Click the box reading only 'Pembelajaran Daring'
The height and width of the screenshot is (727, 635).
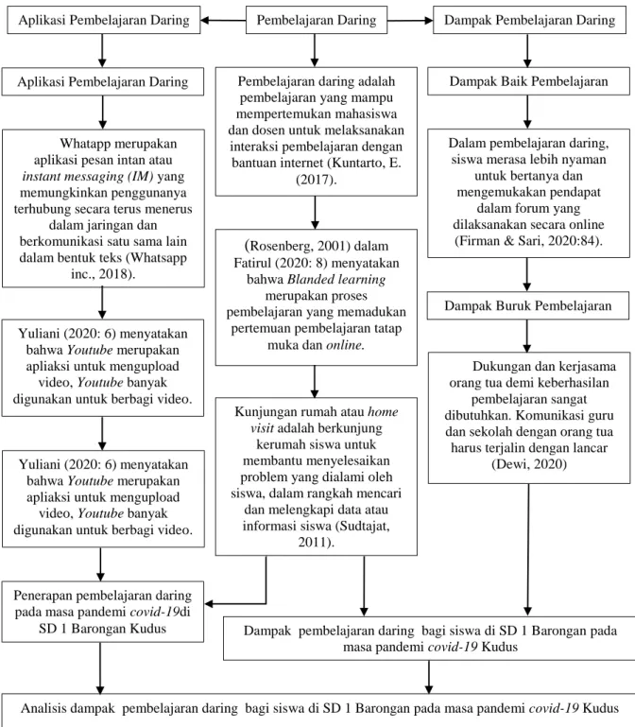(x=317, y=20)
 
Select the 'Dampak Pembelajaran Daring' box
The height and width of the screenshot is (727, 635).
(x=529, y=20)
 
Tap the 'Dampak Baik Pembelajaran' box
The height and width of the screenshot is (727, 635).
(x=528, y=81)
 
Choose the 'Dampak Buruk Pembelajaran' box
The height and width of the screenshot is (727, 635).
(x=528, y=305)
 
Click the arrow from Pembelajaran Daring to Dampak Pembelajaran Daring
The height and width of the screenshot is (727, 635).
(x=410, y=21)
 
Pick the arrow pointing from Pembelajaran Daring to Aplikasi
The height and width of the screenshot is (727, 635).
(x=223, y=21)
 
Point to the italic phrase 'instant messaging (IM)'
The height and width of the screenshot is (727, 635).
(x=88, y=176)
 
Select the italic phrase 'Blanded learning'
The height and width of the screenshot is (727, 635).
(x=336, y=279)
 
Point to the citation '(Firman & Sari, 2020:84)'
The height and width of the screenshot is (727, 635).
(x=528, y=241)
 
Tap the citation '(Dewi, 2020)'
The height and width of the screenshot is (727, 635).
(x=529, y=464)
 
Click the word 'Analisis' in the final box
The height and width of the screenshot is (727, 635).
(x=44, y=708)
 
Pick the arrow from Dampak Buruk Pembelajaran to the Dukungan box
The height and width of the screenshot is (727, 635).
(x=527, y=337)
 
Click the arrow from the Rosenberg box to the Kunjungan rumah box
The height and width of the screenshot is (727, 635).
(x=315, y=382)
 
